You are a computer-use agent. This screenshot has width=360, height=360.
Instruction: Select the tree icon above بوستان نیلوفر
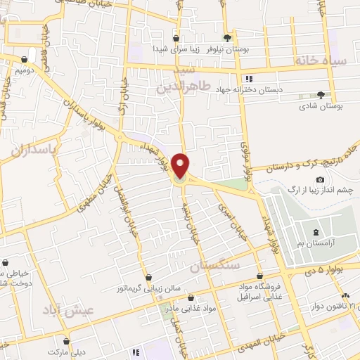coord(226,38)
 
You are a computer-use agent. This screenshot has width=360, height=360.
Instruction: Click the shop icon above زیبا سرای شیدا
coord(176,39)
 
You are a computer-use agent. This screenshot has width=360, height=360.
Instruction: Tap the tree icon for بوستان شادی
coord(321,94)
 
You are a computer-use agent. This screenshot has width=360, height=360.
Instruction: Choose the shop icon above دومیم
coord(25,60)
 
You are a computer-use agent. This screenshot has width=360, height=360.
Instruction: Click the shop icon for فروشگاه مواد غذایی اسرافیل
coord(261,276)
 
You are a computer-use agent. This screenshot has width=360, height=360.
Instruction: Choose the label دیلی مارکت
coord(66,349)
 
